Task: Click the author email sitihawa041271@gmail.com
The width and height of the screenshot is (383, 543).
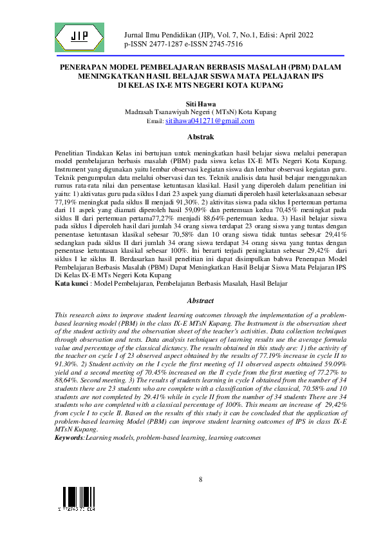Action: (x=201, y=121)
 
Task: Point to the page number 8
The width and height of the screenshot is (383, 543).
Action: (x=200, y=479)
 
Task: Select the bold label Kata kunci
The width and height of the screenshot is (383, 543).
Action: (x=71, y=283)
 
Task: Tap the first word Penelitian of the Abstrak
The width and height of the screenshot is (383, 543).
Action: (x=71, y=149)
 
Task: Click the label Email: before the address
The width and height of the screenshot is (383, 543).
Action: (x=156, y=121)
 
